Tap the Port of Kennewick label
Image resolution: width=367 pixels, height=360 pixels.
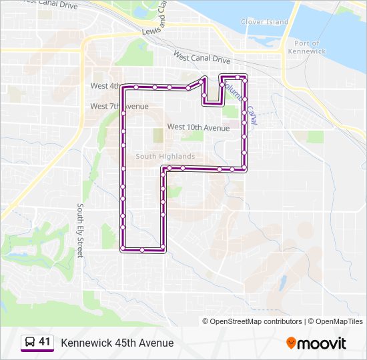(308, 47)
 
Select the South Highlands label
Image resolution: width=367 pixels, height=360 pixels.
(165, 157)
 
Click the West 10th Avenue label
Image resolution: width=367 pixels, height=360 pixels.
(198, 127)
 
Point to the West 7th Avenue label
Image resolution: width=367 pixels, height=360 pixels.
(119, 107)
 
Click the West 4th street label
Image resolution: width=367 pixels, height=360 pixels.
(107, 86)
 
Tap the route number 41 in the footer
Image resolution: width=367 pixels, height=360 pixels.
(45, 342)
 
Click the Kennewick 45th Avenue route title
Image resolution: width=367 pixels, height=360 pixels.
(117, 343)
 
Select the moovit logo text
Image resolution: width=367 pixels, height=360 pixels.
(322, 343)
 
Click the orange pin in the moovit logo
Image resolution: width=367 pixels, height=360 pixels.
(291, 343)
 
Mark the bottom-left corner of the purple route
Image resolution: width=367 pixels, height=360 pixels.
(123, 250)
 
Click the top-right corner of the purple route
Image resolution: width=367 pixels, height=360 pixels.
(246, 77)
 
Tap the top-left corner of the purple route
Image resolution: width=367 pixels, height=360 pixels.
(123, 87)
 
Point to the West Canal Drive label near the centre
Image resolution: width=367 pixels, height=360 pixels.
(202, 58)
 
